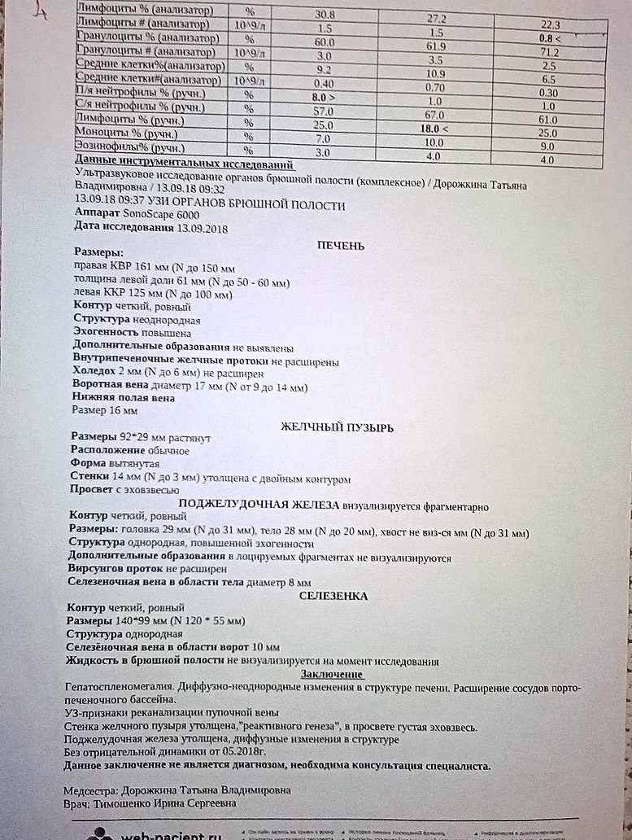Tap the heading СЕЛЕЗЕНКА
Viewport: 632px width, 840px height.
(333, 596)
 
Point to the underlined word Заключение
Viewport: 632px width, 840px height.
(332, 675)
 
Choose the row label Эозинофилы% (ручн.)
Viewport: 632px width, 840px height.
(129, 148)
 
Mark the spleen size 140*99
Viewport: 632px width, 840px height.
(141, 621)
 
